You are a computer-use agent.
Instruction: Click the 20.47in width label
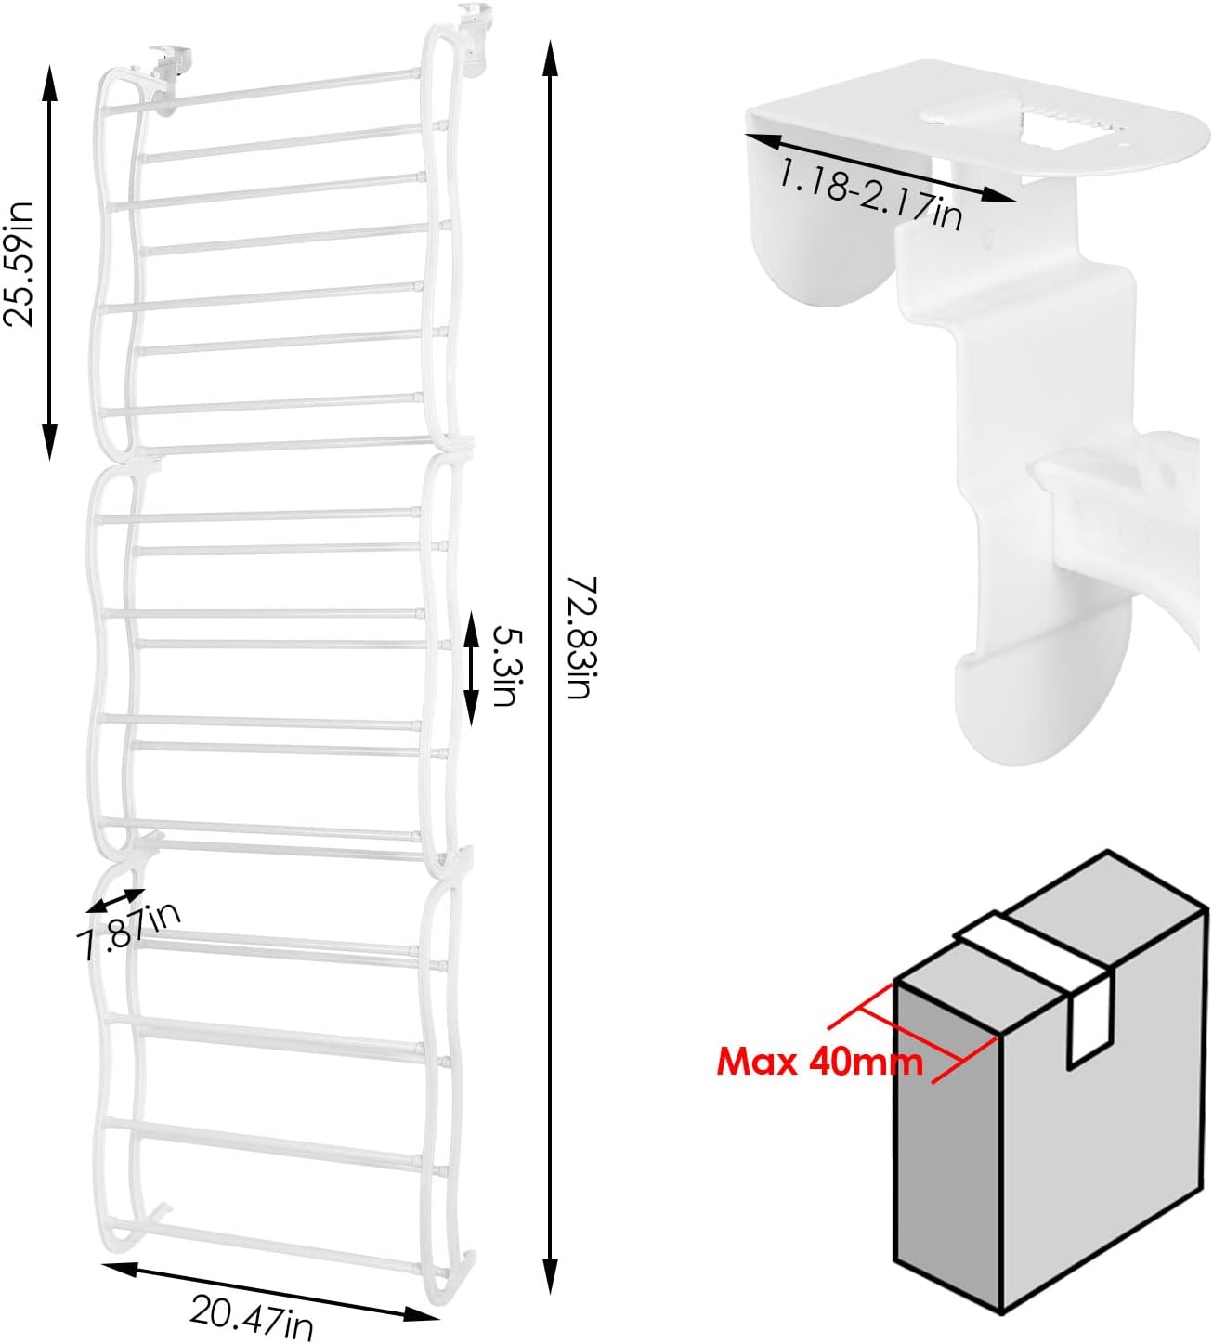tap(251, 1316)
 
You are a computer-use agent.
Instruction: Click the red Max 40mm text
tap(819, 1060)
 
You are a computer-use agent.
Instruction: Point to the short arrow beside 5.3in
tap(471, 667)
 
